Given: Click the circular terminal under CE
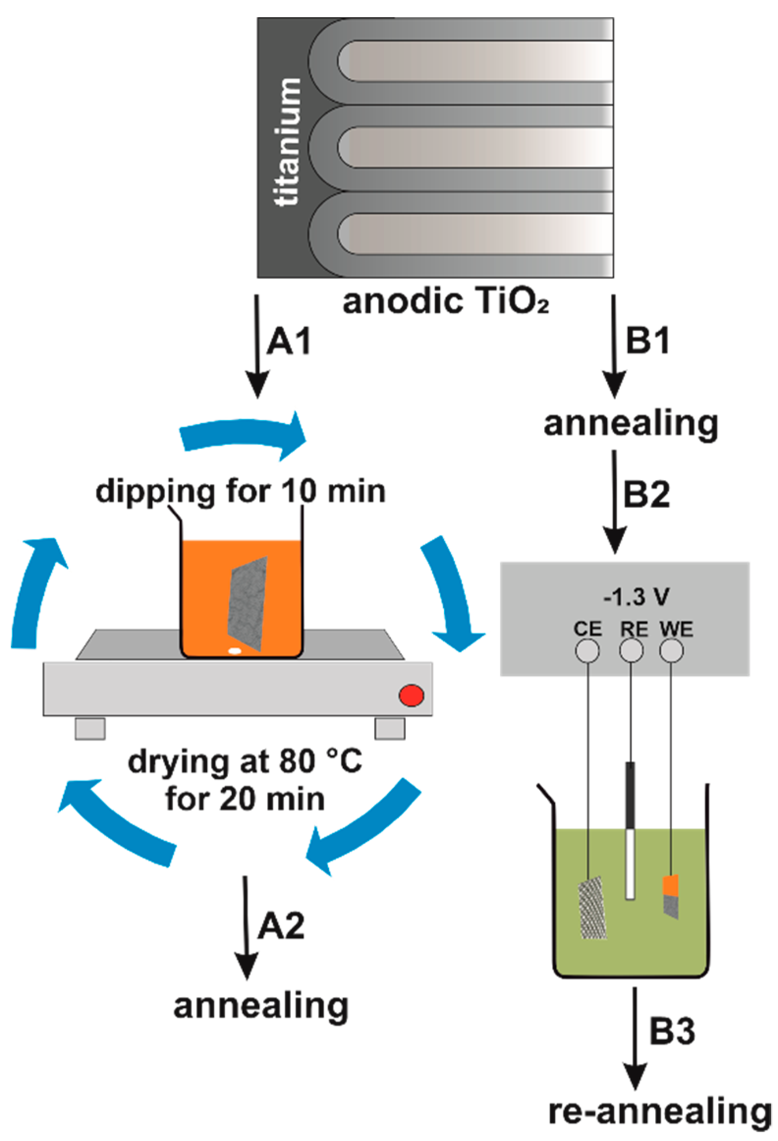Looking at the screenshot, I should (x=587, y=652).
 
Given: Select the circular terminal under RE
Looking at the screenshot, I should (x=631, y=652).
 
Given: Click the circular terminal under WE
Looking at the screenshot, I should (x=671, y=652).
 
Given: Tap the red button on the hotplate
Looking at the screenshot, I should (x=411, y=695).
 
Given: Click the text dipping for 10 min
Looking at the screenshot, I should (x=241, y=491).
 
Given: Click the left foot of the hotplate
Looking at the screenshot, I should (x=90, y=728).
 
